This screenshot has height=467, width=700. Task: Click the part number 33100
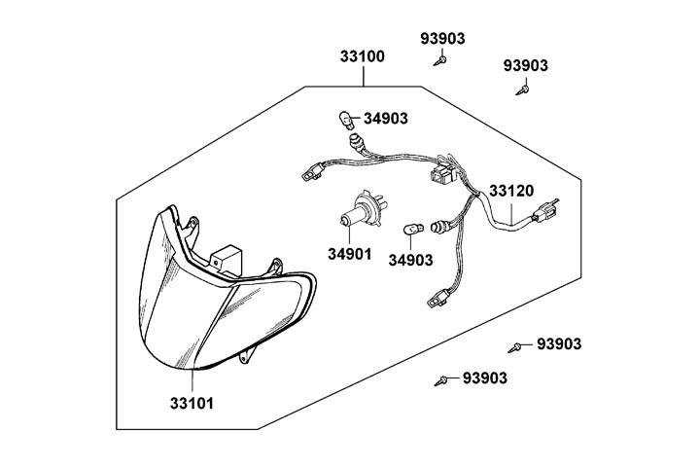coord(362,56)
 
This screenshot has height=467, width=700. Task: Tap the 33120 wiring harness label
coord(510,192)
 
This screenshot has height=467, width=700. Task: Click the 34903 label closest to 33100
coord(386,119)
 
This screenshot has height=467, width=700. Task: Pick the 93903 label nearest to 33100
coord(442,39)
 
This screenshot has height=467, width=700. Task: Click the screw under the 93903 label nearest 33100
coord(441,60)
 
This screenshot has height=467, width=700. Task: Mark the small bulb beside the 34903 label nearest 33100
coord(343,122)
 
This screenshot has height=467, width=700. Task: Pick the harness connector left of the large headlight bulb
coord(311,172)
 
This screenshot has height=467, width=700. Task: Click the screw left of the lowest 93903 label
coord(443,377)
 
